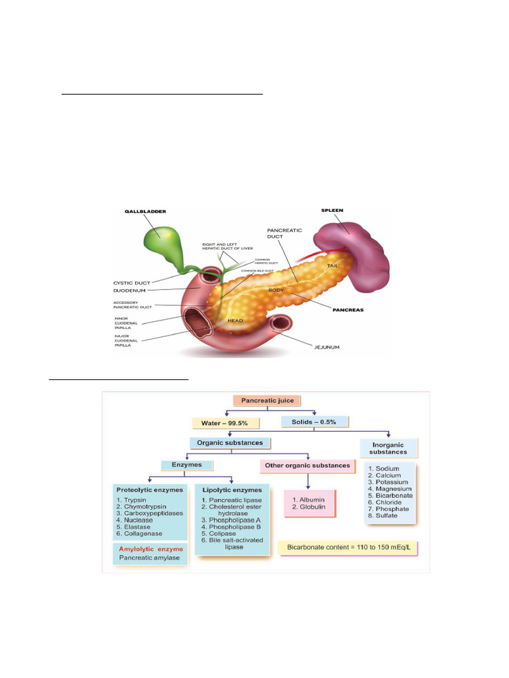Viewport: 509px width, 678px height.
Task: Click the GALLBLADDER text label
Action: point(145,211)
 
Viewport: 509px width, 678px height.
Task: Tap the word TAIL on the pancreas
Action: point(333,266)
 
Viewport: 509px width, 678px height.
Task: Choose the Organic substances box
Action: point(230,443)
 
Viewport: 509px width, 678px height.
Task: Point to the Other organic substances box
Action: point(308,465)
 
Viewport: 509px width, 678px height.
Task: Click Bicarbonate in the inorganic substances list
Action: point(390,495)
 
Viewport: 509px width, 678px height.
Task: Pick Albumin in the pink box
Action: point(308,499)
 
